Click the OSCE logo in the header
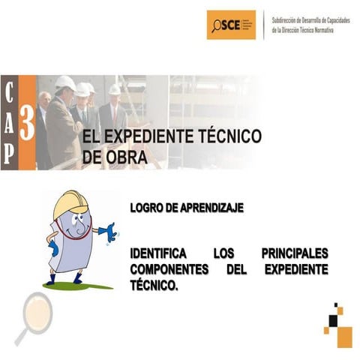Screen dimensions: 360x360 tap(231, 25)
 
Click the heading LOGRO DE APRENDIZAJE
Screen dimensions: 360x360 tap(187, 208)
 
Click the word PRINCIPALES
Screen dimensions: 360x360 tap(295, 253)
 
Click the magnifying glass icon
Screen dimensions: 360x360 tap(33, 313)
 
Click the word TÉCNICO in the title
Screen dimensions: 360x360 tap(224, 136)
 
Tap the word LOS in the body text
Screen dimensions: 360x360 tap(225, 253)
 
